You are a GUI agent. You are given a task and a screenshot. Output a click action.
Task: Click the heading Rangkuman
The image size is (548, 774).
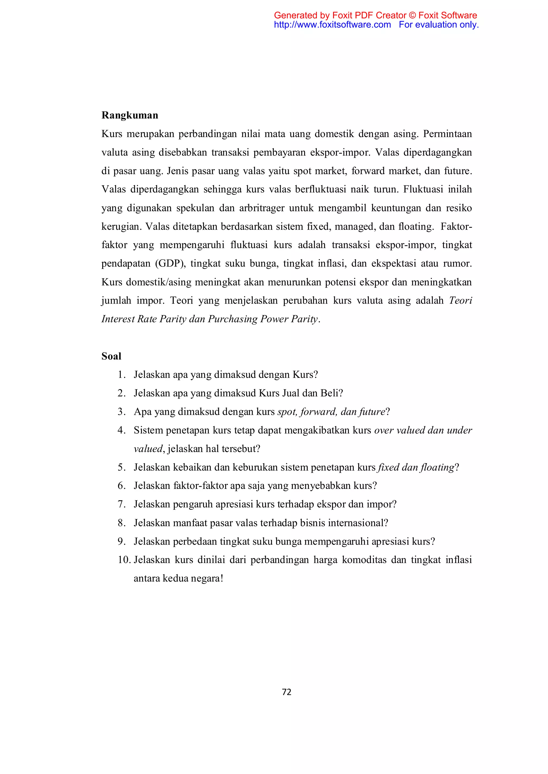pos(130,115)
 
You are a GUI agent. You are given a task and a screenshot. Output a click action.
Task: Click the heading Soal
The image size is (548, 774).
pos(111,356)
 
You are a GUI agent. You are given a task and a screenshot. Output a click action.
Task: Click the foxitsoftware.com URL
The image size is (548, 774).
pos(332,25)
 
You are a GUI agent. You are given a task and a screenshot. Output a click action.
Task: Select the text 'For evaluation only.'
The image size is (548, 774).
pos(439,25)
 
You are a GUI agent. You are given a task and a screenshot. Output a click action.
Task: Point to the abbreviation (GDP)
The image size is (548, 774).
pos(170,263)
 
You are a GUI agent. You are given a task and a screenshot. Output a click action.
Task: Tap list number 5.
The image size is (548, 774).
pos(121,467)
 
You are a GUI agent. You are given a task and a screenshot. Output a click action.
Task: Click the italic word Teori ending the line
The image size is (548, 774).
pos(460,300)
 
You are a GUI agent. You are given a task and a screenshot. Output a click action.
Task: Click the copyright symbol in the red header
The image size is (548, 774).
pos(412,16)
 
